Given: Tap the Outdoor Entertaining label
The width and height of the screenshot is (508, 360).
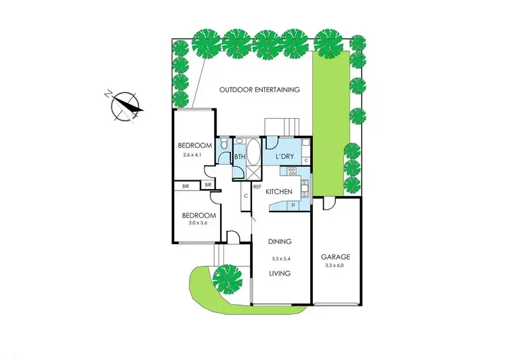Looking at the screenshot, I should [259, 89].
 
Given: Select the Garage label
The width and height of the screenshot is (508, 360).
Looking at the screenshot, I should [335, 257].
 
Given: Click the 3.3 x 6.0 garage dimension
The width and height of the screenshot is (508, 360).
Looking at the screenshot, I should [336, 266].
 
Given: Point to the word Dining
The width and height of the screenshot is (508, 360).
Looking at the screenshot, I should [279, 241].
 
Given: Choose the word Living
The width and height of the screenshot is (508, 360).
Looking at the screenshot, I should [279, 274].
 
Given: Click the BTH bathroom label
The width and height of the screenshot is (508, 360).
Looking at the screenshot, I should [239, 157].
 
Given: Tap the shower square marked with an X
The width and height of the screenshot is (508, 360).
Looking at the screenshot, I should [253, 172].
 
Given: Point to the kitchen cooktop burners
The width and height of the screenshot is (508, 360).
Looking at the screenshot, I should [292, 172].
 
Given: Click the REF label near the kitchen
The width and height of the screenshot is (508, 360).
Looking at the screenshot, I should [257, 186].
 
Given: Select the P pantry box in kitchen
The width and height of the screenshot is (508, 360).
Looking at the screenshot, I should [293, 203].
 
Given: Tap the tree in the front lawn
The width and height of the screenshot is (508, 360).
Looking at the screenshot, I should [227, 277].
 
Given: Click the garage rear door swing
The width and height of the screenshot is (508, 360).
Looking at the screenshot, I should [329, 203].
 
